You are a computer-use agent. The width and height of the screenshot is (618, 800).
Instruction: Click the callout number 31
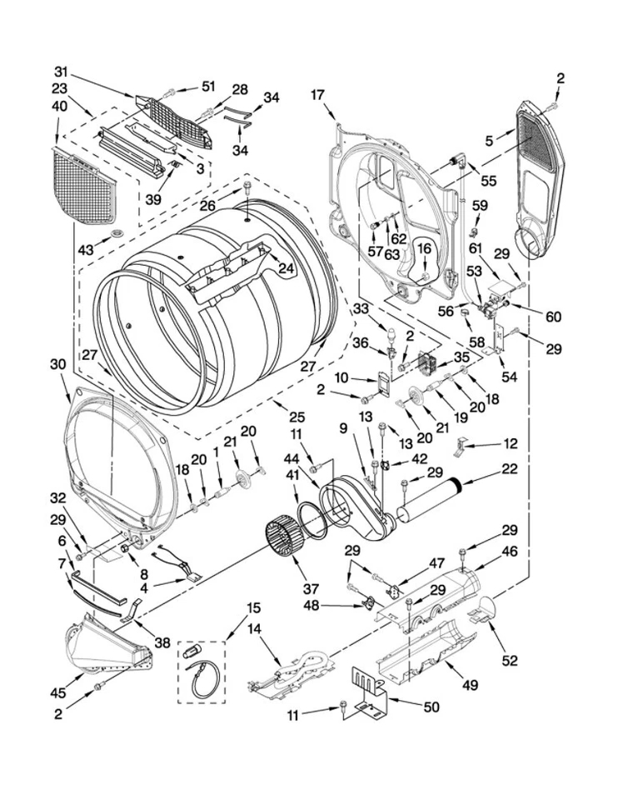(x=60, y=71)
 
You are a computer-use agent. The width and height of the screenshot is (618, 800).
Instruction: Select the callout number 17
(x=317, y=94)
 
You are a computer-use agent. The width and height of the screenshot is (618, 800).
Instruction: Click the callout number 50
(x=431, y=707)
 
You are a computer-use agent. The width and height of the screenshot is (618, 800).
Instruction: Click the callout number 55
(x=489, y=180)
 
